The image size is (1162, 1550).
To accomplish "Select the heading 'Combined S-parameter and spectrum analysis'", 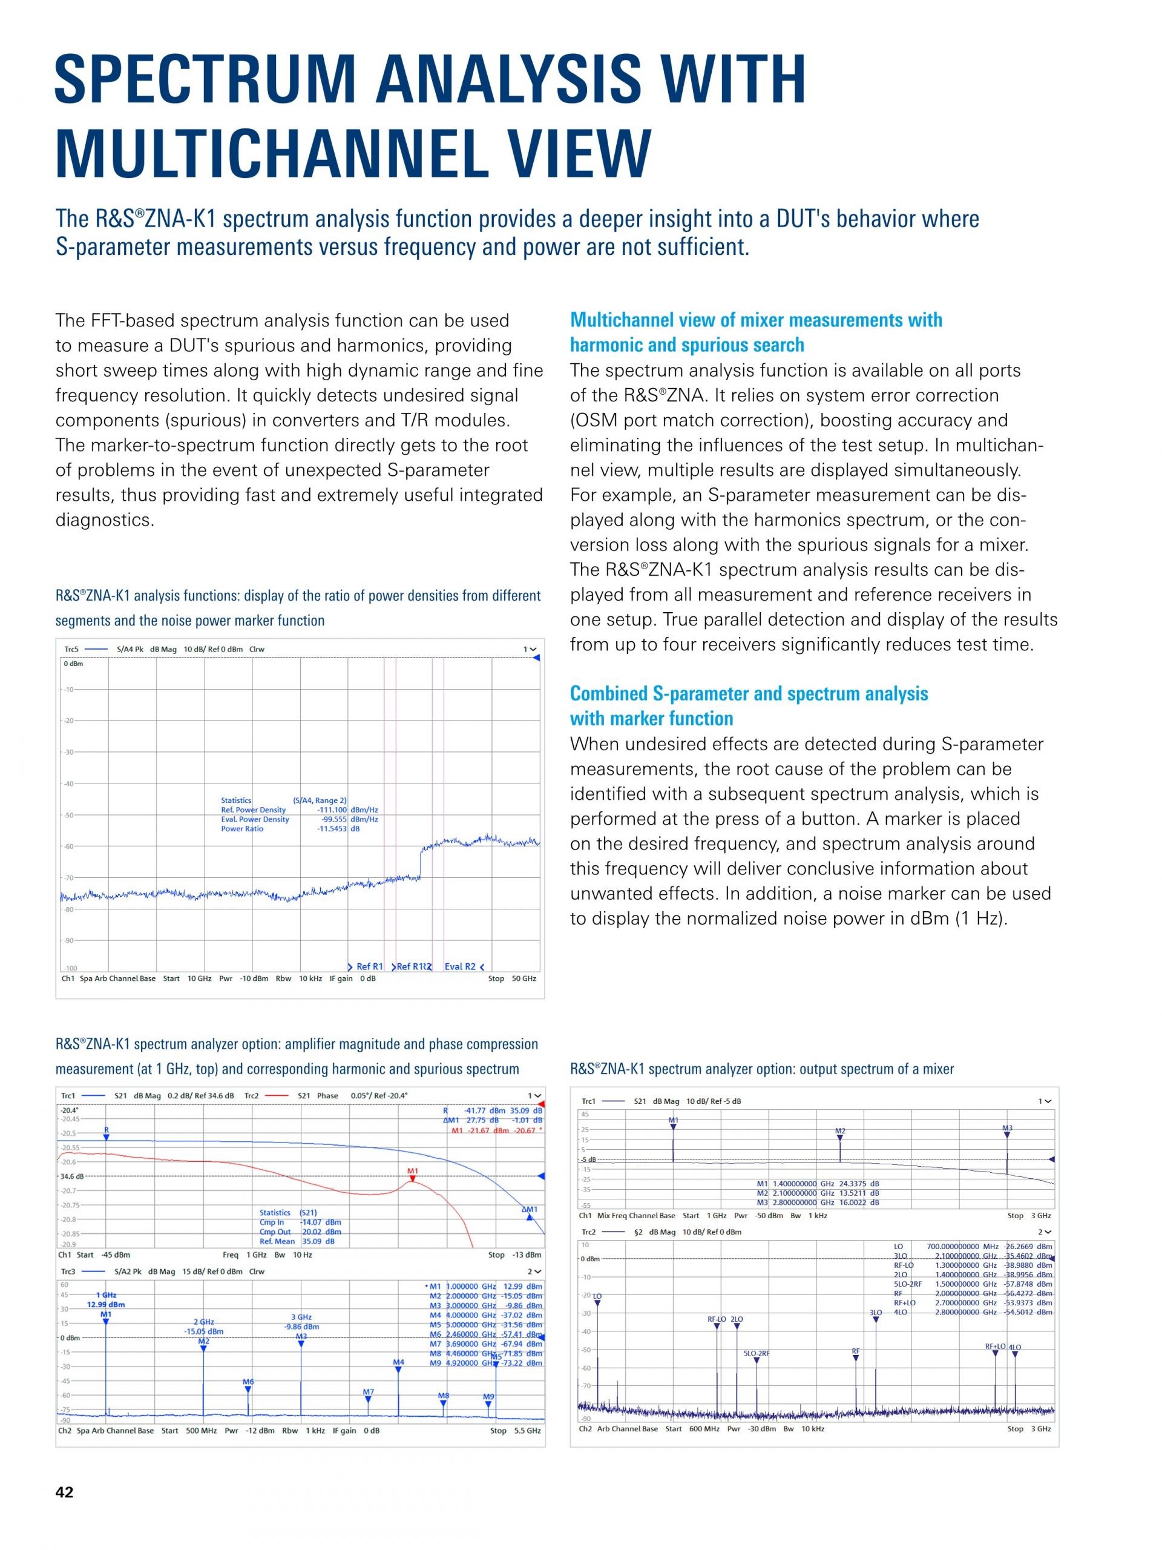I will click(x=748, y=693).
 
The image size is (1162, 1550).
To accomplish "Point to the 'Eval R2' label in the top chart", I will click(x=459, y=966).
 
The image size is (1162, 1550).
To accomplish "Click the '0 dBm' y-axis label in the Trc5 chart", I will click(x=74, y=664).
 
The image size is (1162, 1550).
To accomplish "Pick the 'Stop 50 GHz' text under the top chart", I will click(x=511, y=978).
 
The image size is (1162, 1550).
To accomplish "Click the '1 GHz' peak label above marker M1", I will click(x=106, y=1295).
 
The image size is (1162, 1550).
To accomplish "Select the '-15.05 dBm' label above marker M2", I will click(x=204, y=1331).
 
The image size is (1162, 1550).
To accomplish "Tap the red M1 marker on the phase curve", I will click(x=413, y=1172).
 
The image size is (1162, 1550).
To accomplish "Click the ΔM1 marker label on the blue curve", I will click(x=530, y=1210).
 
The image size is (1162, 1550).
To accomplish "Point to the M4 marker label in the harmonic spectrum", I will click(x=398, y=1362).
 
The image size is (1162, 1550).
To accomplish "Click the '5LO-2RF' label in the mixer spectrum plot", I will click(x=757, y=1353).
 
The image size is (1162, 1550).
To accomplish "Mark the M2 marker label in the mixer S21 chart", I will click(x=840, y=1131).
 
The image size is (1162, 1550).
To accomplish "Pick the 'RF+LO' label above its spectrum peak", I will click(x=994, y=1346).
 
